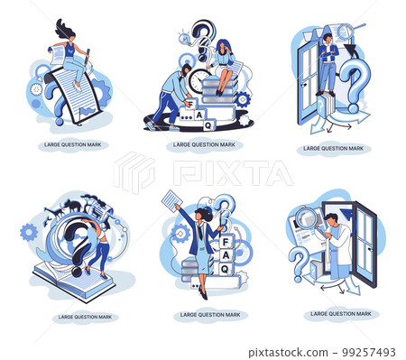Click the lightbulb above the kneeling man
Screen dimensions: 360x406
point(185,38)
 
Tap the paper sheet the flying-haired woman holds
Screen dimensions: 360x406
point(57,55)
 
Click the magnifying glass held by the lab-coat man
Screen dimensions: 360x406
point(308,219)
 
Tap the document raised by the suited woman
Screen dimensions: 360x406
point(171,201)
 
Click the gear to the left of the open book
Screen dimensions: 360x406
point(29,232)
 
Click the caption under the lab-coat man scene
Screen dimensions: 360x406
point(340,313)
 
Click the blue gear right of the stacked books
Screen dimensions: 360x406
point(243,98)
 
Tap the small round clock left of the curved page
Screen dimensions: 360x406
point(36,89)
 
